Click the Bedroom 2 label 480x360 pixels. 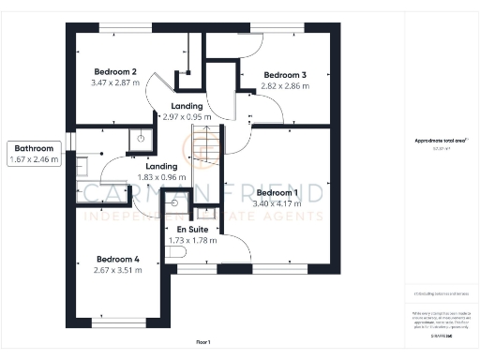tap(115, 72)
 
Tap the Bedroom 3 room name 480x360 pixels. tap(285, 75)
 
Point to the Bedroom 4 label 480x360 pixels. tap(118, 259)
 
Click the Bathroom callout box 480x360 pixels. tap(36, 154)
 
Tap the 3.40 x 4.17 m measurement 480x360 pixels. tap(277, 202)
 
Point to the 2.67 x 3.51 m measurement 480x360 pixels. tap(118, 270)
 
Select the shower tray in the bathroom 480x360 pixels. tap(141, 139)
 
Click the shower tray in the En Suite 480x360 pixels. tap(174, 202)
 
